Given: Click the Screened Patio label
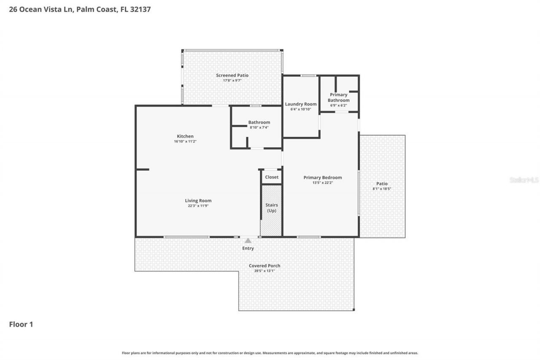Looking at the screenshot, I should click(x=232, y=75).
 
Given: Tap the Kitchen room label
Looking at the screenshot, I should click(x=185, y=136).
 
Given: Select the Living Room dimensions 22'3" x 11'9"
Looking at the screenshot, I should click(x=198, y=206).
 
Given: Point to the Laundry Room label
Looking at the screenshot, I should click(x=300, y=104).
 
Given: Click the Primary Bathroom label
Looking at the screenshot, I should click(x=338, y=97).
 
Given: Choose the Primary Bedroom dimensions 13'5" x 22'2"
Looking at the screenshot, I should click(x=322, y=183).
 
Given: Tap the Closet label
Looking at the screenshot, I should click(x=272, y=177).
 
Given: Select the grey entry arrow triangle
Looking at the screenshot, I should click(x=248, y=241).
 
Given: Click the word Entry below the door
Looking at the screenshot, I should click(x=248, y=248).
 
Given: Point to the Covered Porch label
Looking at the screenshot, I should click(x=265, y=265).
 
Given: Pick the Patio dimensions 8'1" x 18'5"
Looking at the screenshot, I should click(x=382, y=189).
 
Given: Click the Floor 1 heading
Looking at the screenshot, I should click(x=21, y=324).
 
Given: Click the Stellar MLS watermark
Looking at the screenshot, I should click(x=524, y=180).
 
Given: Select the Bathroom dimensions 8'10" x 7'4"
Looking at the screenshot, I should click(x=259, y=127).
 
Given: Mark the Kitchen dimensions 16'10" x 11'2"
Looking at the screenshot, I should click(x=185, y=141).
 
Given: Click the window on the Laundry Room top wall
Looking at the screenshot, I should click(x=308, y=76).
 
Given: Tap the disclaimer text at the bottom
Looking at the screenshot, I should click(x=270, y=353).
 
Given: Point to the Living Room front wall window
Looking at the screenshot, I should click(x=186, y=237).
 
